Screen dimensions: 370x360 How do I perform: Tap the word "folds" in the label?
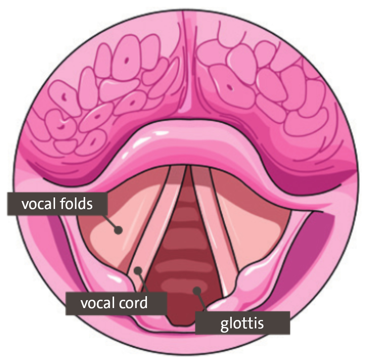(76, 204)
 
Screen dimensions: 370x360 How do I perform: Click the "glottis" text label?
(242, 324)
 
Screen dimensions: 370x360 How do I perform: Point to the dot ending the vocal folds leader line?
(118, 230)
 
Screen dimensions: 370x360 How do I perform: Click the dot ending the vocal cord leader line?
(138, 270)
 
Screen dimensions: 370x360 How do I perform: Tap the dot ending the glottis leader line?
(197, 291)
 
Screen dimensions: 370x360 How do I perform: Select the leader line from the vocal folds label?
(111, 222)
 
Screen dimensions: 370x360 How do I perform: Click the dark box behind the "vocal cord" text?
(116, 303)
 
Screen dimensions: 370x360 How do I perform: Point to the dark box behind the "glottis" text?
(242, 323)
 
